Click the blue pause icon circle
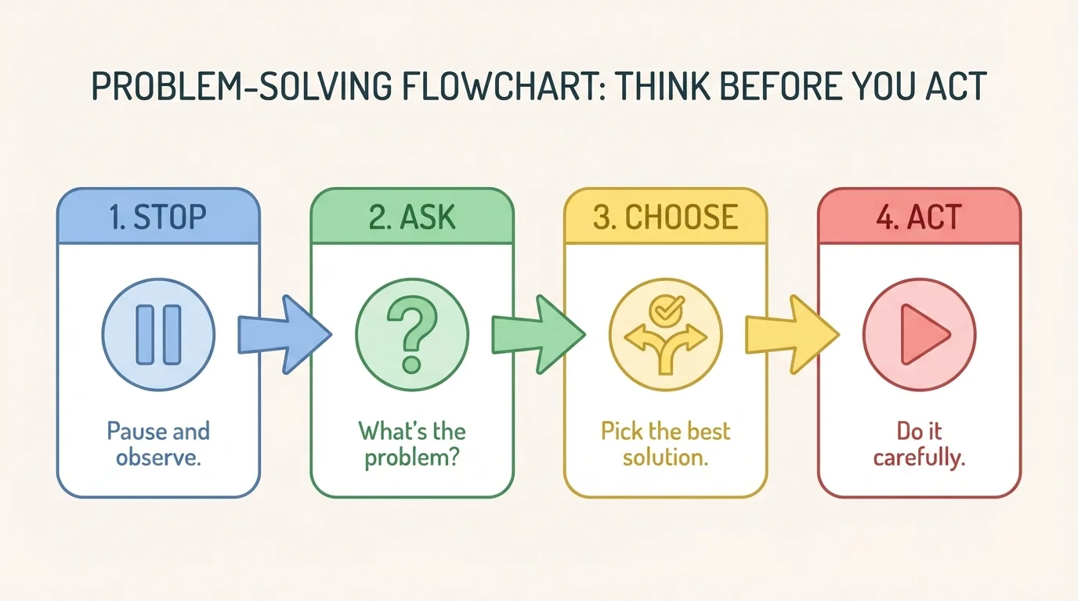(158, 335)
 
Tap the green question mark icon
(412, 335)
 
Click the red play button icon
(919, 335)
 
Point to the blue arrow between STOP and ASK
(283, 334)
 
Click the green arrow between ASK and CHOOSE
(537, 334)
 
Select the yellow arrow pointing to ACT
(790, 334)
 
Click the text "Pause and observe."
(158, 443)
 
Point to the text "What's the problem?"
(412, 443)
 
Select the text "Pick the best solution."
(666, 443)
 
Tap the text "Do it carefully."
(919, 443)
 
